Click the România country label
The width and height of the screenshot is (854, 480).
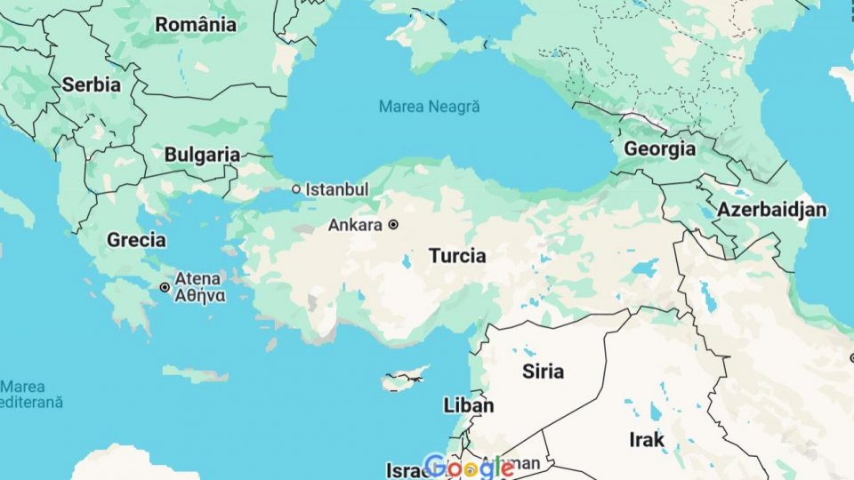point(196,24)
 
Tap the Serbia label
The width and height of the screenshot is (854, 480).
point(91,85)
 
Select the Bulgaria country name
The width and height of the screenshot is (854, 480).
point(202,155)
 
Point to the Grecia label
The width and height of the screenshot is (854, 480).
point(136,239)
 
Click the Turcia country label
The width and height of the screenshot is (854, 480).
point(457,256)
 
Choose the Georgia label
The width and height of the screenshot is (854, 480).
point(659,148)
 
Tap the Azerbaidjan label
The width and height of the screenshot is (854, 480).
point(771,210)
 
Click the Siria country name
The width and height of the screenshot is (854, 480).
point(543,371)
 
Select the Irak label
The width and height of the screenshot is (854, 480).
point(647,439)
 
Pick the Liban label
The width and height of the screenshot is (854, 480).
point(468,405)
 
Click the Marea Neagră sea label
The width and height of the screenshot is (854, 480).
point(429,107)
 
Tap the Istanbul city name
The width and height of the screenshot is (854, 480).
point(336,189)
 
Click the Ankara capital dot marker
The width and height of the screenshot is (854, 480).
point(392,225)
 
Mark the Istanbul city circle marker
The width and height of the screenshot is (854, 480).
point(297,189)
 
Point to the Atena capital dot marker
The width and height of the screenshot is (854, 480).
point(165,287)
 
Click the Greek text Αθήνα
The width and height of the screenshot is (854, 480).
point(199,296)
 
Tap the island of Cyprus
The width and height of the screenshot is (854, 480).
point(405,380)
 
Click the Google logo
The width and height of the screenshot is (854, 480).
point(468,467)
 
